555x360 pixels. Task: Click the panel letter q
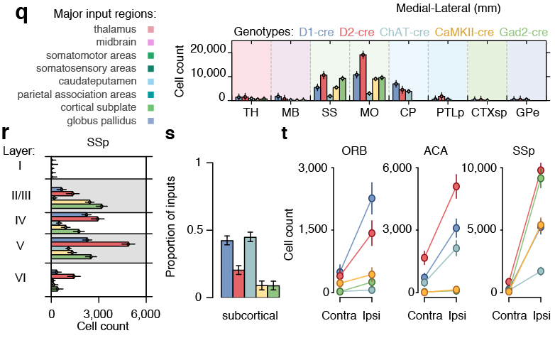[x=21, y=14]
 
